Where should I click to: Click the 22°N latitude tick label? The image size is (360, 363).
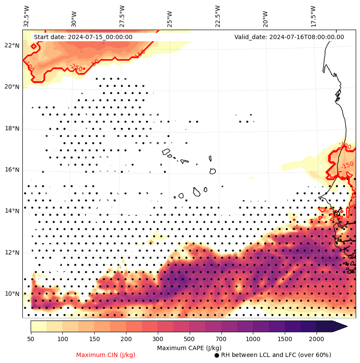12,46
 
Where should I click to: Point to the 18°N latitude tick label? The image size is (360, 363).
12,128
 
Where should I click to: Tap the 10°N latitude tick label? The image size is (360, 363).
12,294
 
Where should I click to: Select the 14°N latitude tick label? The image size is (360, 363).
12,211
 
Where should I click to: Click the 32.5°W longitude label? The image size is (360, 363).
27,16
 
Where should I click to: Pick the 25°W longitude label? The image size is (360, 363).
170,16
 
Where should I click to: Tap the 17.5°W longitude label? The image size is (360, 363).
313,16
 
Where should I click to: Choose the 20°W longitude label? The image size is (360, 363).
265,16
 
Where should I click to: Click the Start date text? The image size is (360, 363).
83,37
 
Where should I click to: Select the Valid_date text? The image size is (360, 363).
289,37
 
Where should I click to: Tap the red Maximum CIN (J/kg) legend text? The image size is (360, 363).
106,355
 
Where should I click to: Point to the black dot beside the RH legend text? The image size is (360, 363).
217,355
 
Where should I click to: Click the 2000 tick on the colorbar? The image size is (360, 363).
317,339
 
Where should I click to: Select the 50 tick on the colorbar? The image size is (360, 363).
31,339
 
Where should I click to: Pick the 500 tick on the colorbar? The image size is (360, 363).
189,339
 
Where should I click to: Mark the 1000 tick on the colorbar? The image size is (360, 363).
253,339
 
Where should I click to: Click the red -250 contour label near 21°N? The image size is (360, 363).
76,67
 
